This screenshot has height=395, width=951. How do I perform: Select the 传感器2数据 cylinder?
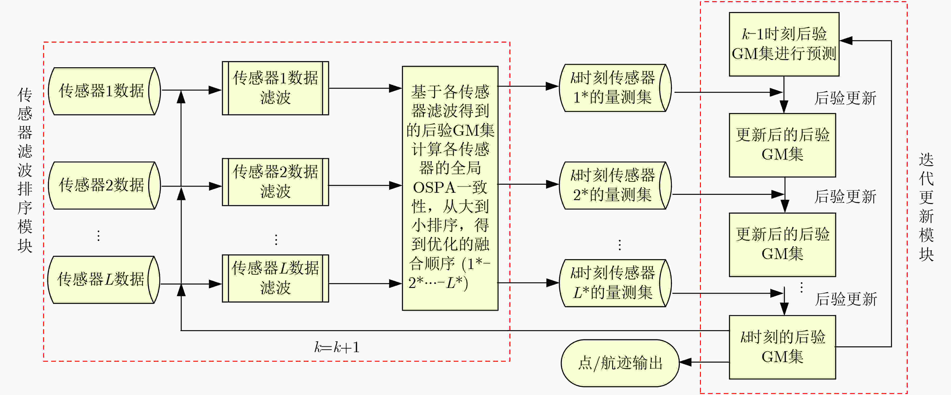[x=104, y=185]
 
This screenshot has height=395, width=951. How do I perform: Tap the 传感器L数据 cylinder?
[x=104, y=280]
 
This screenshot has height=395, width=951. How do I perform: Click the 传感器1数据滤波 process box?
[x=275, y=88]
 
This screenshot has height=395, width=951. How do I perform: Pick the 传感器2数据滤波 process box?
[x=275, y=182]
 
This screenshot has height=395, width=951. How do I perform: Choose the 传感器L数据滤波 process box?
[x=275, y=278]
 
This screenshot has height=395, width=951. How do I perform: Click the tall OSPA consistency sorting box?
[x=450, y=188]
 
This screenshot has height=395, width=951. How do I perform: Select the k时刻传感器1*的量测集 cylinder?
[x=615, y=88]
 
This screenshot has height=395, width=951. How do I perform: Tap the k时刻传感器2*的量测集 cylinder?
[x=615, y=185]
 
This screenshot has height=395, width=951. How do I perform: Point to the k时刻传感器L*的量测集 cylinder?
[x=615, y=283]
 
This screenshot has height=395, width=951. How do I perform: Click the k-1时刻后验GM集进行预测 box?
[x=784, y=44]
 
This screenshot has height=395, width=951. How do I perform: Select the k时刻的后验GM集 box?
[x=782, y=347]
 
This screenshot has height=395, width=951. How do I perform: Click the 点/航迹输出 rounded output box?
[x=620, y=363]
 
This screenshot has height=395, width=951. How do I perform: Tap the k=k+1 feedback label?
[x=337, y=347]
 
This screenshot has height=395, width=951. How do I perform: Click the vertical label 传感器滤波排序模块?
[x=25, y=170]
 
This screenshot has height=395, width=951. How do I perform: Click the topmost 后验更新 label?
[x=845, y=98]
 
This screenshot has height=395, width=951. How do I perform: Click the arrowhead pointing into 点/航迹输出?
[x=686, y=362]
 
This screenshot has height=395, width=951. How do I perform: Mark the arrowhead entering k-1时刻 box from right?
[x=846, y=40]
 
